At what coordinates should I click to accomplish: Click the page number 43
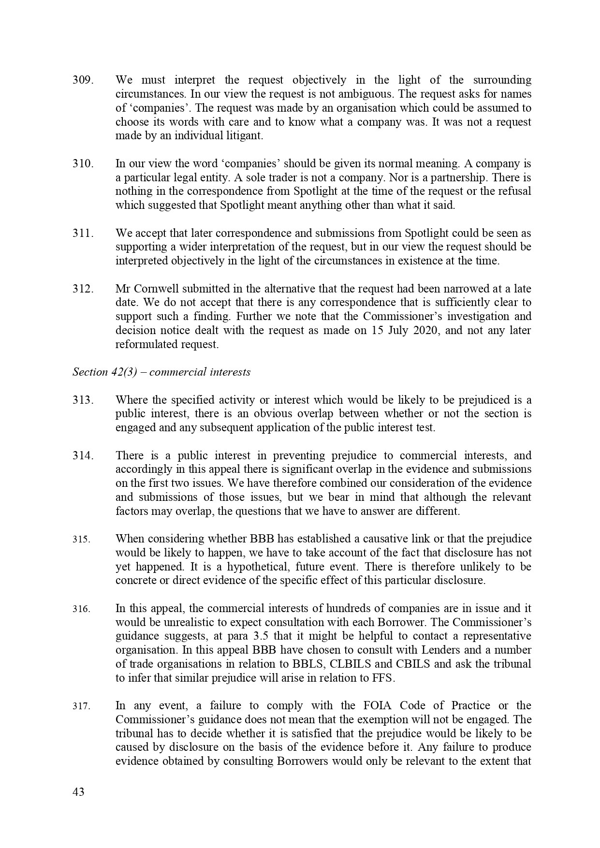point(78,792)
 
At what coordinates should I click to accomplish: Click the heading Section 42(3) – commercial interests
point(161,372)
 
